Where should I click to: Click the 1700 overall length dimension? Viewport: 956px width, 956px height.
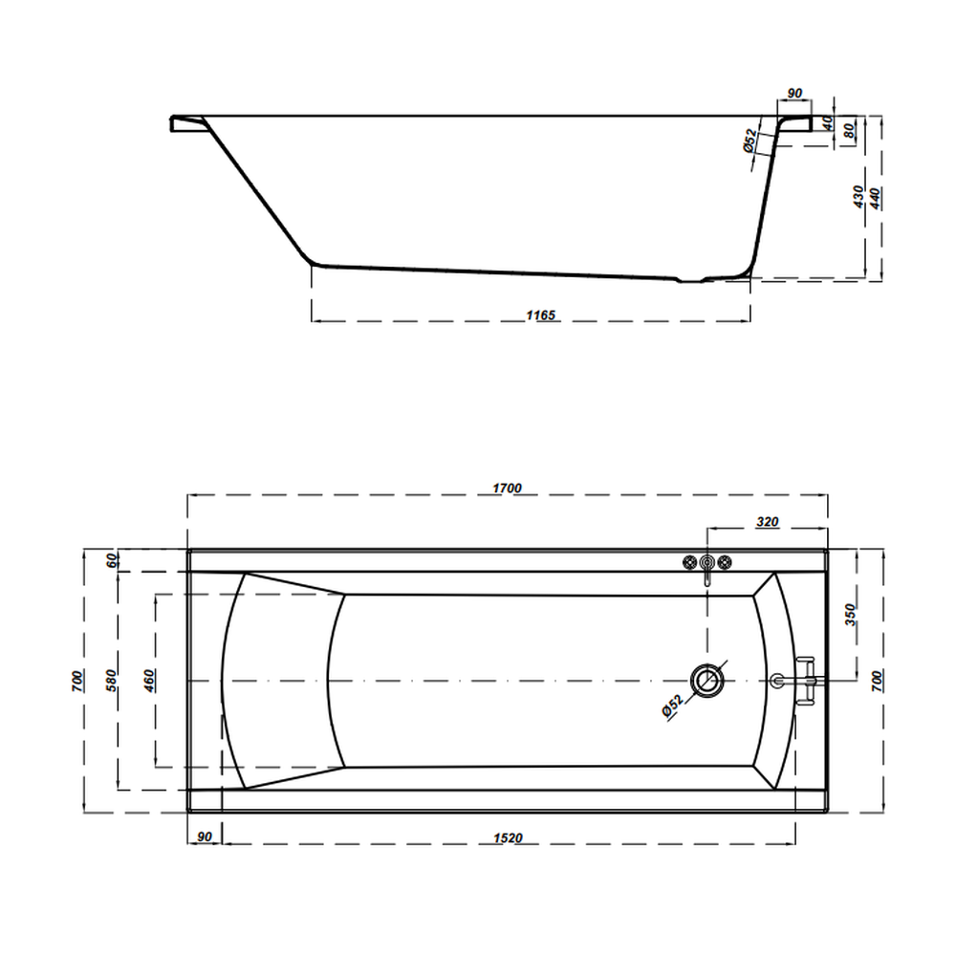507,488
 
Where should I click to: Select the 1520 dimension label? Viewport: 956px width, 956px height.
508,837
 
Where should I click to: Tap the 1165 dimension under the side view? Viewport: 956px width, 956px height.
541,315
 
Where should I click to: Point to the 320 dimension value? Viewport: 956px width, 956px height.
767,522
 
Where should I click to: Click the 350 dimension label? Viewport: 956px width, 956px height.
851,615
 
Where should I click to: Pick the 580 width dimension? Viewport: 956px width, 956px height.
111,681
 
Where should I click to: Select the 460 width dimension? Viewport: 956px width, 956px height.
149,681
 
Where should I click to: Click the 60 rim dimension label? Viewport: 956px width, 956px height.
113,560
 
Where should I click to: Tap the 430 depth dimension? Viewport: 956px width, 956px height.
858,196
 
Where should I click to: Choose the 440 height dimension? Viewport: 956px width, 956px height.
875,199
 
